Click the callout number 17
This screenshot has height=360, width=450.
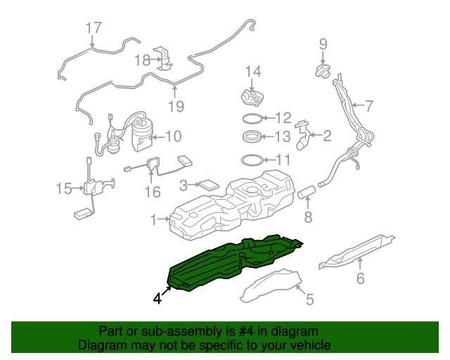(94, 28)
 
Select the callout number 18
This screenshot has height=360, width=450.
(142, 60)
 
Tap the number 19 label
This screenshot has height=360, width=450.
(175, 106)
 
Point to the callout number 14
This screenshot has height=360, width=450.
(252, 71)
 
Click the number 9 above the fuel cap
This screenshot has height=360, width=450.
(323, 44)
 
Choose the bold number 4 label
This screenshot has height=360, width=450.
(158, 298)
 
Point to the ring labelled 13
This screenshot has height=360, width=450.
(252, 136)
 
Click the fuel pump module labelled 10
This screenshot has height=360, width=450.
(141, 134)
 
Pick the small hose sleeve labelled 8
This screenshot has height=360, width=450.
(306, 191)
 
